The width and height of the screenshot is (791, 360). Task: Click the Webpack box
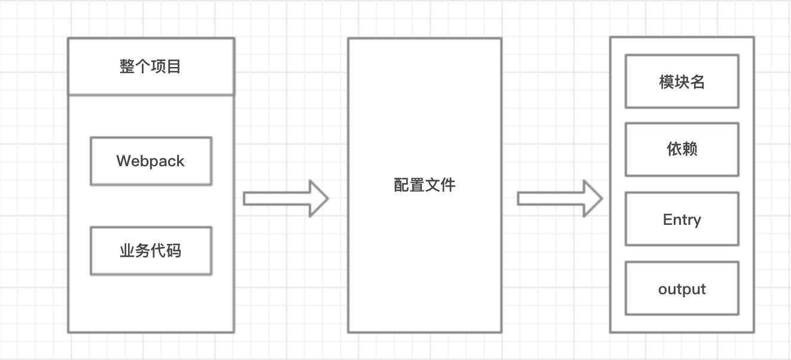[x=151, y=161]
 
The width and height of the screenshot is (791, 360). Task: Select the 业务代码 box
[x=151, y=251]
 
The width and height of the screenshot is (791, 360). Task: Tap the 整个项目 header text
[x=150, y=66]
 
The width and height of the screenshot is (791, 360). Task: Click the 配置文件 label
[x=424, y=185]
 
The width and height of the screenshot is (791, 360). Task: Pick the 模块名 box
[x=682, y=81]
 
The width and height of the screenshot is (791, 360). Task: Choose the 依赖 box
[x=682, y=150]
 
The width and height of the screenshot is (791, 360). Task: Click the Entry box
[x=682, y=219]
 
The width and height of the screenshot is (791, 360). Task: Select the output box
[x=682, y=288]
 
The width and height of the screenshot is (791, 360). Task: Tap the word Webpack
[x=151, y=161]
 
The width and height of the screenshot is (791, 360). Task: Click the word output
[x=682, y=289]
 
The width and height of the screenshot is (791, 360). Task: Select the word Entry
[x=682, y=220]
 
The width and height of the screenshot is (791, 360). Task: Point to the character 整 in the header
[x=127, y=66]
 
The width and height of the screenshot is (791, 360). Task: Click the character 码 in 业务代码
[x=174, y=251]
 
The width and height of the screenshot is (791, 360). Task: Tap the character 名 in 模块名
[x=698, y=81]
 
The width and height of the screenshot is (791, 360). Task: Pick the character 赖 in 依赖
[x=690, y=150]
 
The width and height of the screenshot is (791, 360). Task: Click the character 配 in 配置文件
[x=401, y=185]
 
